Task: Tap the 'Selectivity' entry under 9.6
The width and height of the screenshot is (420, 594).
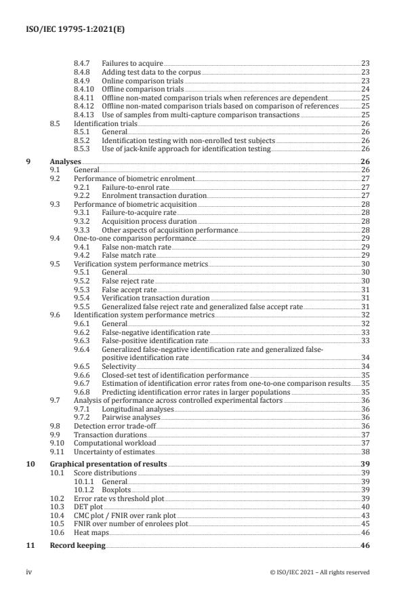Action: pyautogui.click(x=119, y=366)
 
